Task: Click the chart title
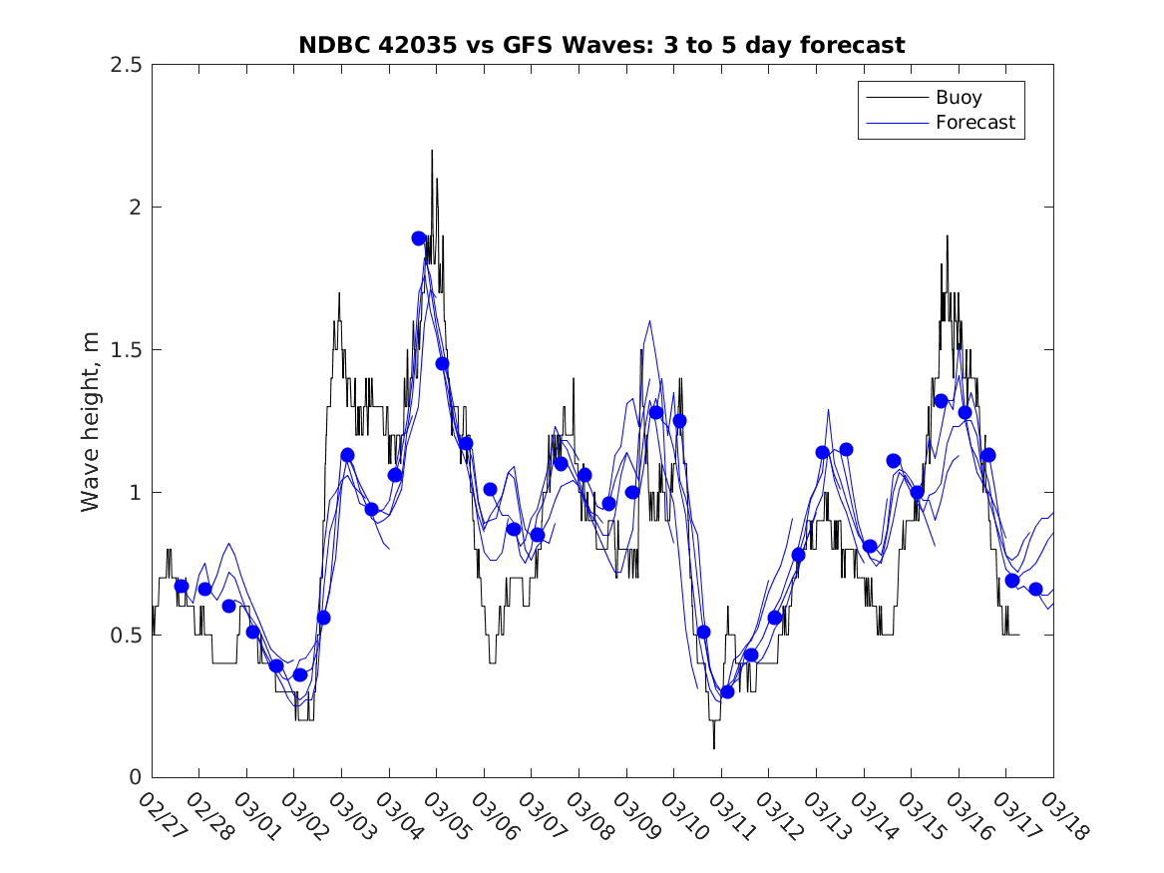pos(601,46)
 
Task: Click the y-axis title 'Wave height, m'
pos(91,421)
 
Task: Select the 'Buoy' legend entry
pos(958,98)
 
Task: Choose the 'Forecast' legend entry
pos(974,123)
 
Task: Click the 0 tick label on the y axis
pos(134,777)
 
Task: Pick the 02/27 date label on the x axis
pos(161,816)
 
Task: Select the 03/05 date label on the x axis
pos(446,816)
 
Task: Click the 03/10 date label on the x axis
pos(683,816)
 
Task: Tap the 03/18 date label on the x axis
pos(1062,816)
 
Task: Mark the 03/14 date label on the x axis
pos(873,816)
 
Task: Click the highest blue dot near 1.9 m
pos(419,238)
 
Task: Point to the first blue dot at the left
pos(182,587)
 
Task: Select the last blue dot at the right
pos(1035,589)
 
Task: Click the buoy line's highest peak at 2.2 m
pos(432,152)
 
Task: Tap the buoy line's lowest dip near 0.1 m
pos(713,747)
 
